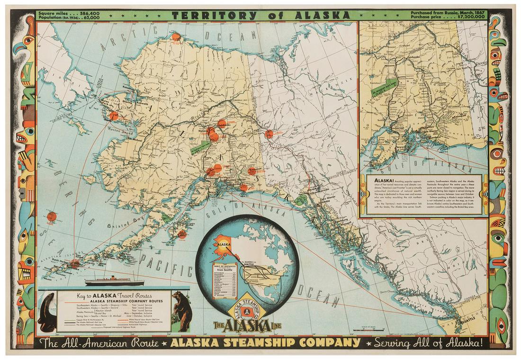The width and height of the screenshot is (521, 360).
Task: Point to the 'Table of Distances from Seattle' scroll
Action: pyautogui.click(x=224, y=279)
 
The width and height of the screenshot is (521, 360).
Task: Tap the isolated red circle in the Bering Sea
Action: pyautogui.click(x=52, y=216)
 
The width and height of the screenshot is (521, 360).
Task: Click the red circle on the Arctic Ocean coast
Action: pyautogui.click(x=176, y=36)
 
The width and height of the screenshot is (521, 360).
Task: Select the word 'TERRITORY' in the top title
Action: pyautogui.click(x=210, y=14)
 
